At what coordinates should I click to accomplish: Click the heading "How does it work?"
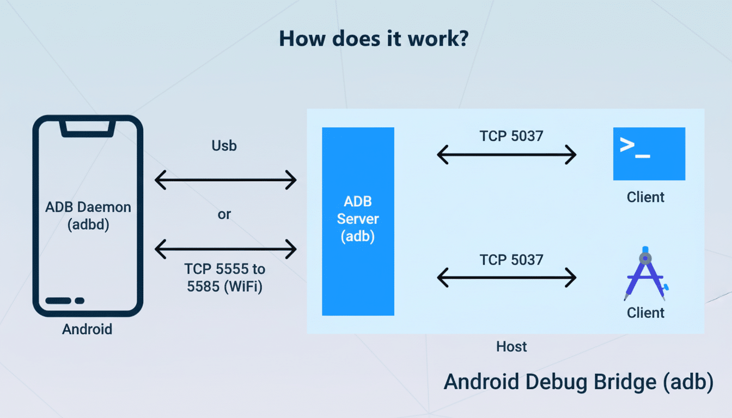373,39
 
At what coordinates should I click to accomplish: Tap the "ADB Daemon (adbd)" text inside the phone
88,216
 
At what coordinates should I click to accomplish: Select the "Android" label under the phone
87,329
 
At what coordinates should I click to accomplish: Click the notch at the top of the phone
88,128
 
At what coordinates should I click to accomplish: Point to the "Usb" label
224,146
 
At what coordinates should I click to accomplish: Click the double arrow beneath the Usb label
225,180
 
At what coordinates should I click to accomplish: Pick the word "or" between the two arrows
224,214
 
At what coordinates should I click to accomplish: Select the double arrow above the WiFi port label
225,249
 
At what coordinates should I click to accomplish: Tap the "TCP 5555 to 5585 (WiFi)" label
224,278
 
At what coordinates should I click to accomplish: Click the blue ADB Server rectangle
358,221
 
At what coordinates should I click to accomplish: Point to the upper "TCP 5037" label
511,136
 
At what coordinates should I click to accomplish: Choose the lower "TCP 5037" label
511,260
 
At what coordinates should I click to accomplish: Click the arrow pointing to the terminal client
507,155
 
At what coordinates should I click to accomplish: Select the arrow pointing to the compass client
507,278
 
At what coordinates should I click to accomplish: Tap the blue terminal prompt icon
649,153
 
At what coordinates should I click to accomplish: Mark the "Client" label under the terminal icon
645,197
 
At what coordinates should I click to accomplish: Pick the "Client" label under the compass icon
645,313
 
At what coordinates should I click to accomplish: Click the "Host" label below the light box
511,346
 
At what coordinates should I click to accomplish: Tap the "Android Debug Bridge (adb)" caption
578,382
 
